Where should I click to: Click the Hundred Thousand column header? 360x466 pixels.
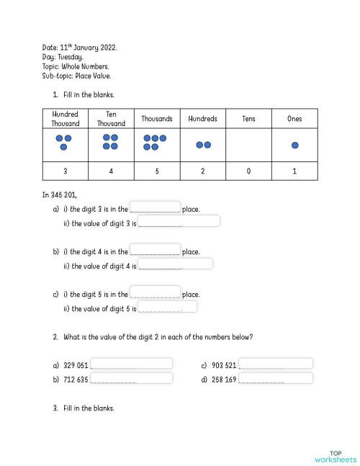pyautogui.click(x=65, y=119)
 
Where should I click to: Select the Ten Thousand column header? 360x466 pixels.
pyautogui.click(x=111, y=119)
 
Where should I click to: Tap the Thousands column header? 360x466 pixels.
pyautogui.click(x=156, y=119)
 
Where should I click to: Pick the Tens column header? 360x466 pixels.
pyautogui.click(x=248, y=119)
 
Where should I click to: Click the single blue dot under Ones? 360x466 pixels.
pyautogui.click(x=294, y=145)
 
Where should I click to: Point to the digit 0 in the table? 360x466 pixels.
pyautogui.click(x=248, y=171)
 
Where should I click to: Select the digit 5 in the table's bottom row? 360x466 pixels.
pyautogui.click(x=157, y=171)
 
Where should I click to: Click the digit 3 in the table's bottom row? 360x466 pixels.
pyautogui.click(x=65, y=171)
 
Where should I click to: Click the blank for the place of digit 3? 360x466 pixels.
pyautogui.click(x=155, y=207)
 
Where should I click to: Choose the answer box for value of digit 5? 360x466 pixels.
pyautogui.click(x=167, y=307)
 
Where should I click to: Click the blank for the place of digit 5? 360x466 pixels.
pyautogui.click(x=155, y=292)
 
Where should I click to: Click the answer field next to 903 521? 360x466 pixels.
pyautogui.click(x=276, y=364)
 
